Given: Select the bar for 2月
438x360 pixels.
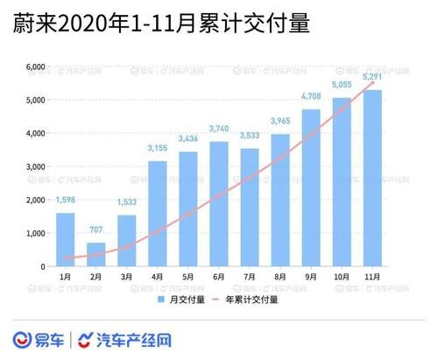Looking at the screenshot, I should (x=96, y=255).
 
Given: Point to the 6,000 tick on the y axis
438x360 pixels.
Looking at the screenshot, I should (x=35, y=67).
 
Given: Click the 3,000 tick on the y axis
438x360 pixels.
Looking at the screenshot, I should (x=35, y=166).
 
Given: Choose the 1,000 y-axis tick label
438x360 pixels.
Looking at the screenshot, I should (x=35, y=233).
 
